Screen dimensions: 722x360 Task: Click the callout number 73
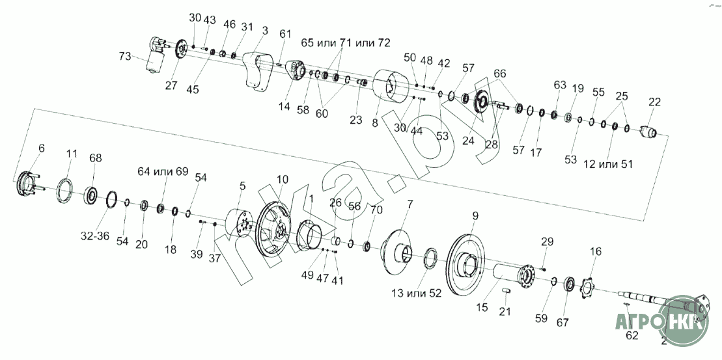(125, 57)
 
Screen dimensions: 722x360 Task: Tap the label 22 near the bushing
(654, 102)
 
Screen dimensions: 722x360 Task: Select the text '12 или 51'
(608, 164)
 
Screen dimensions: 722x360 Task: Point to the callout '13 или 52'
(417, 293)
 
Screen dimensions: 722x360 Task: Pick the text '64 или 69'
(163, 172)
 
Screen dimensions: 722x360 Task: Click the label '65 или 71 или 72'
(346, 43)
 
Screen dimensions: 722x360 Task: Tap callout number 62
(633, 336)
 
